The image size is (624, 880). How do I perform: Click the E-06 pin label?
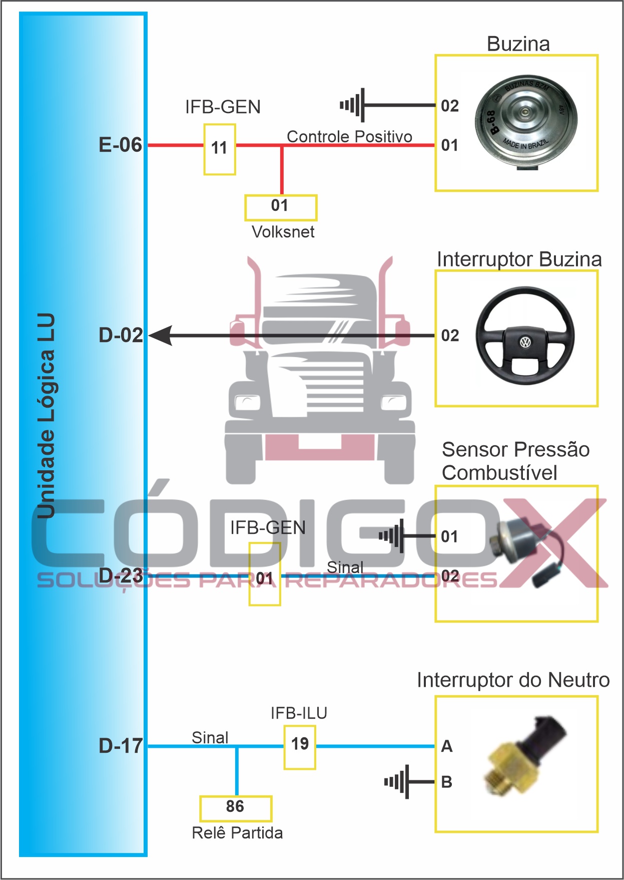[120, 145]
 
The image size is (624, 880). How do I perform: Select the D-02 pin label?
[121, 335]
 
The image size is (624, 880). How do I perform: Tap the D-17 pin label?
[121, 746]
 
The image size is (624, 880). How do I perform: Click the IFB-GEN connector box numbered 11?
[219, 149]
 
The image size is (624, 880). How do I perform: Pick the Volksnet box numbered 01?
[280, 207]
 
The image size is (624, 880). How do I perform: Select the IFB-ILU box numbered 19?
[300, 744]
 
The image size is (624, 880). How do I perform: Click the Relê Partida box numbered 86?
[235, 807]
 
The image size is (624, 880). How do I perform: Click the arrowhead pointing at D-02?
[161, 335]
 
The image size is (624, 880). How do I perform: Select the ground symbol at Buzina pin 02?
[353, 105]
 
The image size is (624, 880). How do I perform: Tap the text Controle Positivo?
[349, 136]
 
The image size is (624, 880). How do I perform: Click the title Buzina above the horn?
[518, 44]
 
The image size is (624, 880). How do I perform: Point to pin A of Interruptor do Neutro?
[446, 746]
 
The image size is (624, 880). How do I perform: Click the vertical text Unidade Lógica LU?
[46, 416]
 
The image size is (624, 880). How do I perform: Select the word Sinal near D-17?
[210, 738]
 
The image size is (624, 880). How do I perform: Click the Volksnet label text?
[283, 232]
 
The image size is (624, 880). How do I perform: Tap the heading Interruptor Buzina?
[519, 259]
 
